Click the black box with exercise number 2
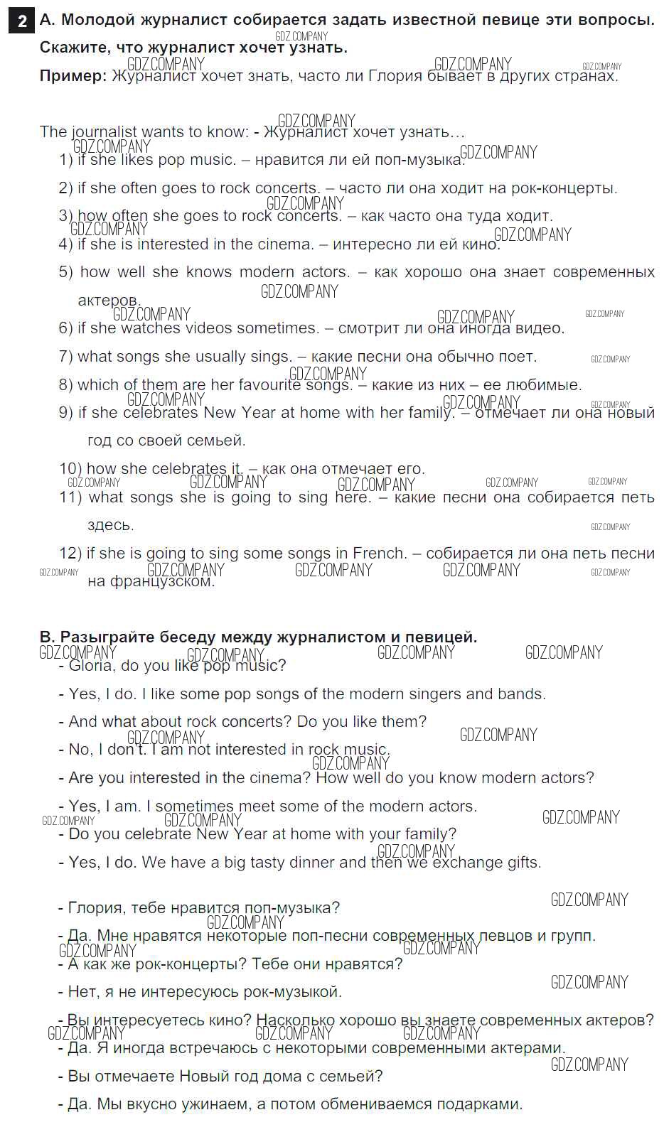pos(22,21)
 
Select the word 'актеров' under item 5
pos(109,301)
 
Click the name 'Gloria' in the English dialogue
pos(90,666)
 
